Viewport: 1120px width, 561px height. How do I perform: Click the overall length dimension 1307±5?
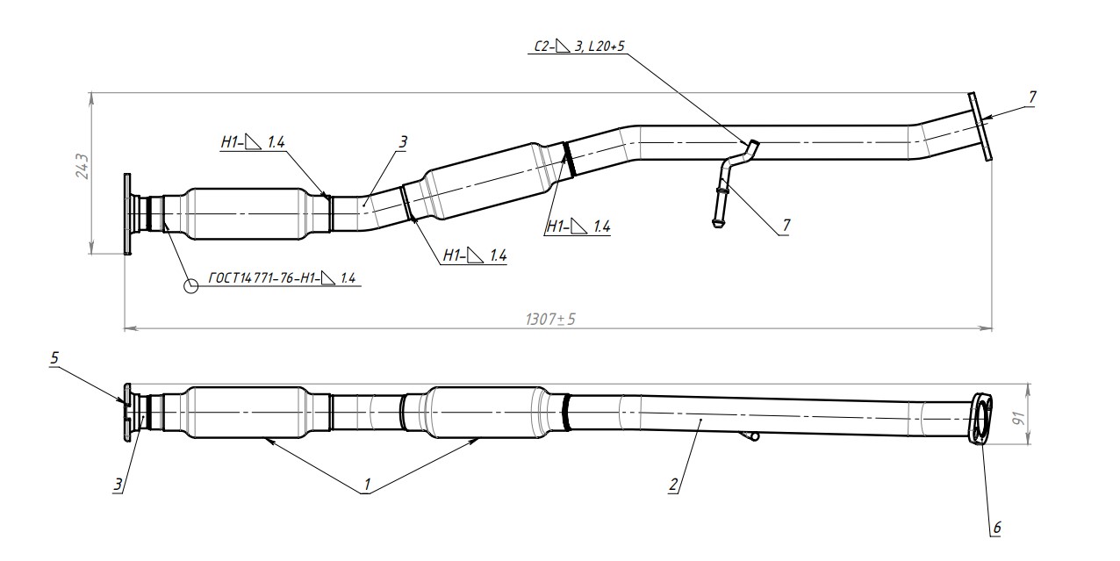550,319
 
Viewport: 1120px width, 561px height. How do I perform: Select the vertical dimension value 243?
83,167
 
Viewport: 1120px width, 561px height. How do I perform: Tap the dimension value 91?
1018,418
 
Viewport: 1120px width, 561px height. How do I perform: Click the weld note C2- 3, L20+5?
579,47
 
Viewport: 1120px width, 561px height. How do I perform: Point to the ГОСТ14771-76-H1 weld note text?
282,278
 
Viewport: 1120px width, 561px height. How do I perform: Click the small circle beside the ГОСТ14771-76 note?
191,286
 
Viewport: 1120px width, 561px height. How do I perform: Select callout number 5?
54,358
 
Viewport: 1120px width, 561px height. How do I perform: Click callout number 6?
997,528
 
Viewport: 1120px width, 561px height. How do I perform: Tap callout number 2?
673,485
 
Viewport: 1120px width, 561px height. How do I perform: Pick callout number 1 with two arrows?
367,484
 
